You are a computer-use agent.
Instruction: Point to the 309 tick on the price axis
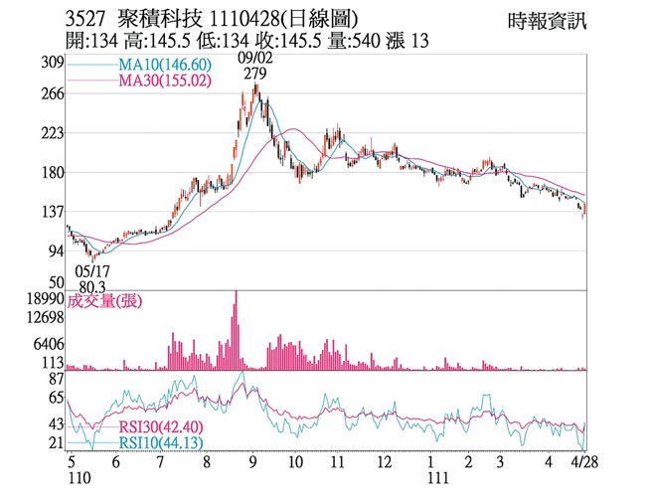[52, 63]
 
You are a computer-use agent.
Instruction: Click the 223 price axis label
[52, 133]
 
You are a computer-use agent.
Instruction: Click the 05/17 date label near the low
[91, 270]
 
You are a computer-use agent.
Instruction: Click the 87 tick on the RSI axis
[56, 379]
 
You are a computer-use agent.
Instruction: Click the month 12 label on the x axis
[383, 462]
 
